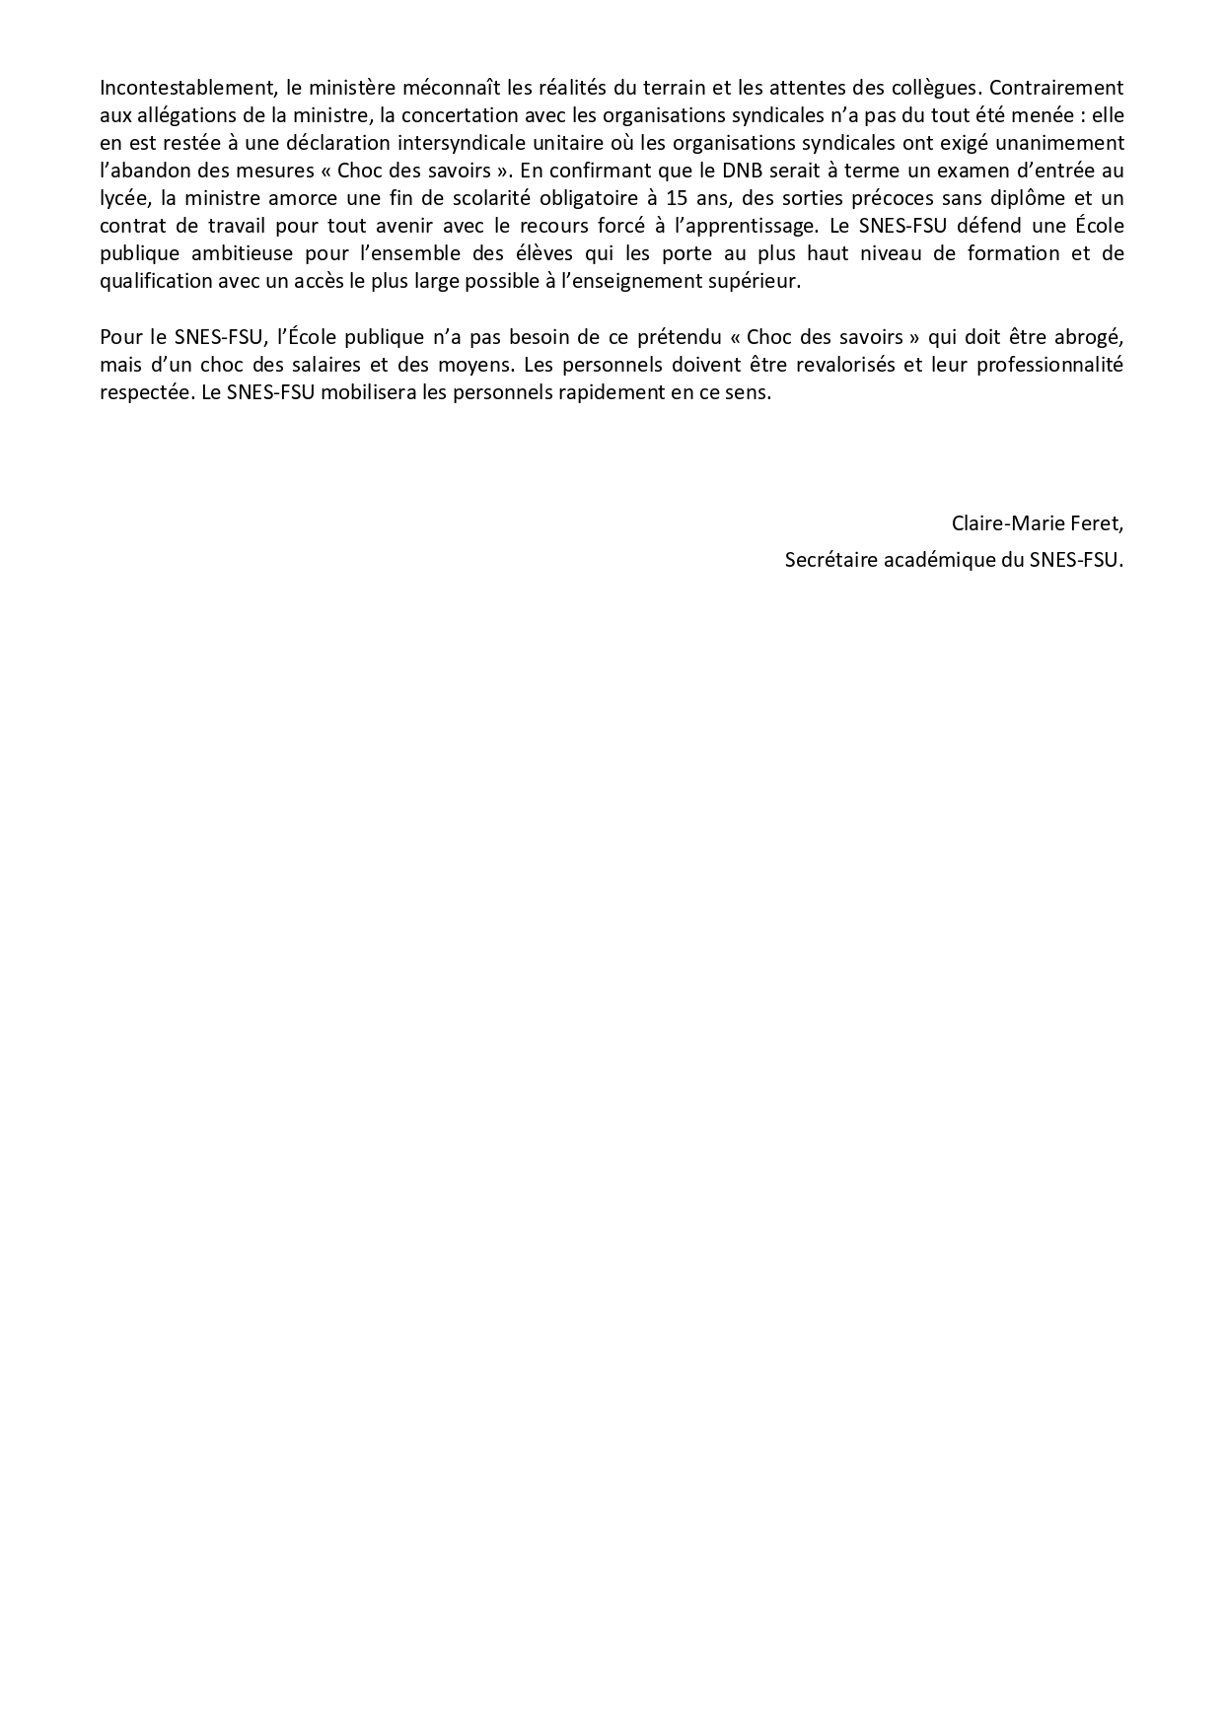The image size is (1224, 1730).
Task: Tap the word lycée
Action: [123, 198]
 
